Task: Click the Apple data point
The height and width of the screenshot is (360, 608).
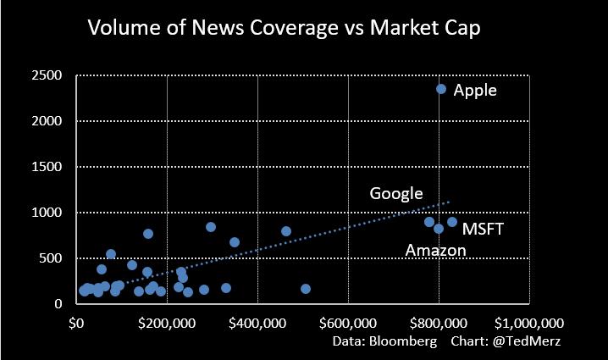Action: tap(441, 89)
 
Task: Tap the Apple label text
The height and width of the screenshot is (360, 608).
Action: tap(475, 90)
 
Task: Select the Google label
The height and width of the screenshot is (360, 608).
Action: tap(395, 193)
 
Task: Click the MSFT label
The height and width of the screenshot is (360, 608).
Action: tap(483, 228)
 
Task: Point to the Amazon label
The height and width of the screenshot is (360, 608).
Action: tap(435, 250)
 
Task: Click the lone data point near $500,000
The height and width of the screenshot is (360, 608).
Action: tap(306, 289)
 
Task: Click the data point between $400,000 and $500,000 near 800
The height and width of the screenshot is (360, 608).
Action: tap(286, 231)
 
